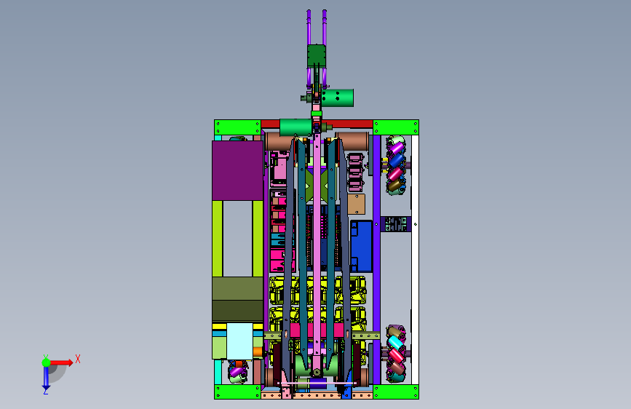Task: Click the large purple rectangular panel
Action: tap(237, 170)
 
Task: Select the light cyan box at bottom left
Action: tap(240, 341)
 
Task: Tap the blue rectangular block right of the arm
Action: tap(361, 246)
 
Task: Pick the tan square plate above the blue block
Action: tap(356, 204)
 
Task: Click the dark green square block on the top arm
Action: tap(317, 56)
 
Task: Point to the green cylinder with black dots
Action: tap(337, 98)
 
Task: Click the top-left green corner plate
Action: tap(237, 127)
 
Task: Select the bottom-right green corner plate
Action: tap(396, 392)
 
